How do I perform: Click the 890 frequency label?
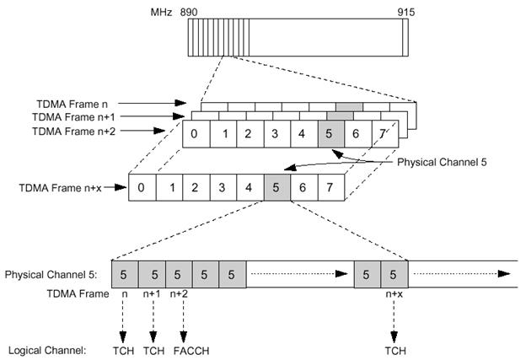click(189, 12)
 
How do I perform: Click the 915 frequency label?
click(406, 12)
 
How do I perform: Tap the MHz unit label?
click(161, 12)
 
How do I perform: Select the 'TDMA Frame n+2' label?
click(74, 131)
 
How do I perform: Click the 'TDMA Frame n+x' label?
click(60, 187)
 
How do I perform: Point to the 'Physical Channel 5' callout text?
click(442, 162)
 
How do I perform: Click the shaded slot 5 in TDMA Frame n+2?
click(331, 134)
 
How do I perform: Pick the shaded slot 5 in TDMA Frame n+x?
click(277, 187)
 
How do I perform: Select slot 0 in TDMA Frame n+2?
click(196, 134)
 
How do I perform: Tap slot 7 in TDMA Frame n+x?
click(331, 187)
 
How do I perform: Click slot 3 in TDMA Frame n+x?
click(223, 187)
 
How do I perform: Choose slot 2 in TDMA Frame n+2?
click(250, 134)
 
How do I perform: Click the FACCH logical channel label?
click(191, 351)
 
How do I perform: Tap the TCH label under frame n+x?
click(395, 351)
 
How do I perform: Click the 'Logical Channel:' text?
click(47, 351)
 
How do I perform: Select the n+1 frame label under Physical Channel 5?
click(152, 294)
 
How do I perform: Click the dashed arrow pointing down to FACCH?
click(184, 321)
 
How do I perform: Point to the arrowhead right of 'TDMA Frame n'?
click(180, 103)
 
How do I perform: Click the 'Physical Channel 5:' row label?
click(51, 275)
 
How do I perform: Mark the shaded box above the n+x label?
click(394, 275)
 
